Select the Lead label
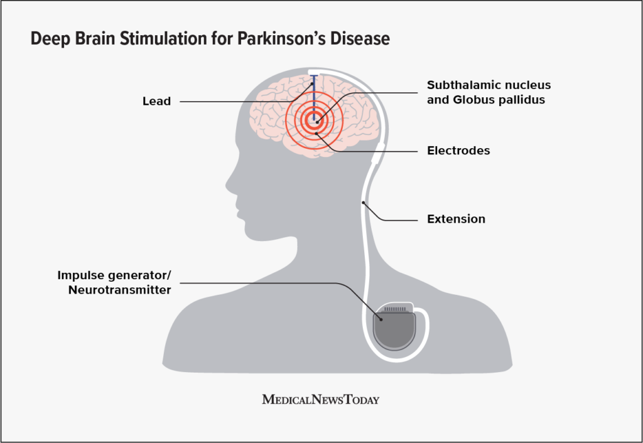pyautogui.click(x=156, y=101)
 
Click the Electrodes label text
pyautogui.click(x=458, y=151)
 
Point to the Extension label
pyautogui.click(x=456, y=219)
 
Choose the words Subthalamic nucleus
pyautogui.click(x=489, y=85)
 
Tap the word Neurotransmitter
pyautogui.click(x=119, y=290)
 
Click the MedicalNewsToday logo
pyautogui.click(x=321, y=399)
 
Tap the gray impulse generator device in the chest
pyautogui.click(x=395, y=331)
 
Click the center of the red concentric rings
pyautogui.click(x=316, y=122)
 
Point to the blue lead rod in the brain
pyautogui.click(x=313, y=94)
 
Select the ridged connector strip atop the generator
pyautogui.click(x=396, y=309)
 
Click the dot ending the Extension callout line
pyautogui.click(x=363, y=203)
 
